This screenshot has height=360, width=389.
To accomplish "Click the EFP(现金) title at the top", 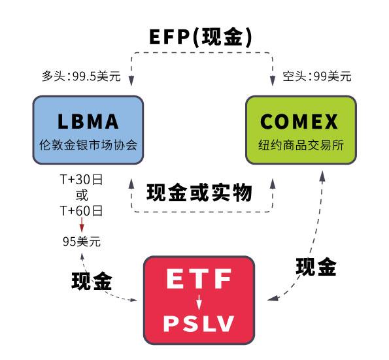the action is tap(201, 37).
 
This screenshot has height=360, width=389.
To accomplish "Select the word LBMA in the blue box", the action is tap(88, 122).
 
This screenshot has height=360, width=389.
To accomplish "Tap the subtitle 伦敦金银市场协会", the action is tap(88, 145).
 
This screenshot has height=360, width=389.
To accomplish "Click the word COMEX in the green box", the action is tap(299, 122).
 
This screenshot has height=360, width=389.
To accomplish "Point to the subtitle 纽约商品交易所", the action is tap(301, 145).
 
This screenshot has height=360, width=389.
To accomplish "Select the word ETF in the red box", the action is tap(199, 279).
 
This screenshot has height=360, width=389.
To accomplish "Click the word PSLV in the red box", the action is tap(199, 323).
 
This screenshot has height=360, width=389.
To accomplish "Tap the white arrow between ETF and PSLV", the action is tap(199, 303).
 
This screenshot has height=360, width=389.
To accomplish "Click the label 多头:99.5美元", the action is tap(81, 76).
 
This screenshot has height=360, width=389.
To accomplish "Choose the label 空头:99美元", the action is tap(317, 76).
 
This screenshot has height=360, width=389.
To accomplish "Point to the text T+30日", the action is tap(81, 179).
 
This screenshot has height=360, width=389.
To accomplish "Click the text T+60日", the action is tap(81, 211).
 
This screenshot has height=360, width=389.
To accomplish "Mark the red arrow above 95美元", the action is tap(82, 225).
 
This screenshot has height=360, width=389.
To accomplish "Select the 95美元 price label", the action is tap(82, 241).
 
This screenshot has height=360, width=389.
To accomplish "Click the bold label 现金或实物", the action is tap(199, 192).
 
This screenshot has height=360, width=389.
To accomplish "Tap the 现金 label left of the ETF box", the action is tap(92, 281).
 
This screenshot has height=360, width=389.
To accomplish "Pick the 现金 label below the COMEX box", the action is tap(316, 267).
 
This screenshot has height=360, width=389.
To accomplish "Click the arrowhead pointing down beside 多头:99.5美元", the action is tap(131, 80).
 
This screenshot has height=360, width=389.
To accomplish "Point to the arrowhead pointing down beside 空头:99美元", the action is tap(273, 80).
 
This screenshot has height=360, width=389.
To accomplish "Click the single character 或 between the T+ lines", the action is tap(82, 195).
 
